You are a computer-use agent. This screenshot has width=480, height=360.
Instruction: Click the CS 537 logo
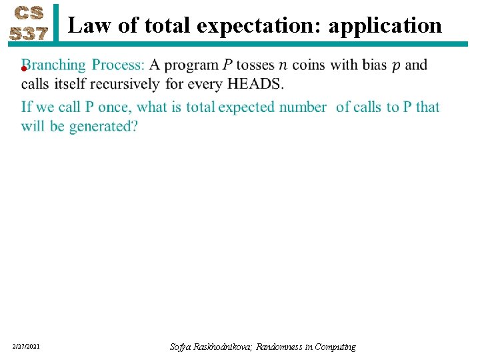29,24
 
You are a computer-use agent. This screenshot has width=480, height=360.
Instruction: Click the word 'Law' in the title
85,25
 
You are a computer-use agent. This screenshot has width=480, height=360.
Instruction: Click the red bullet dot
23,68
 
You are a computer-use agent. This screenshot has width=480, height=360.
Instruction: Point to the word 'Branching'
53,65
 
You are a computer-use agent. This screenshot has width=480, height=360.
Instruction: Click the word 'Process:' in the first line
118,65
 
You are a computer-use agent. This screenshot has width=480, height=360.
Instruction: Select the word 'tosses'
255,65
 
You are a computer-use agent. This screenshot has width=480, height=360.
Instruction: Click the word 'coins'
310,65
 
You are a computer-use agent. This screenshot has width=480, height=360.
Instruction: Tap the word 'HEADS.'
255,84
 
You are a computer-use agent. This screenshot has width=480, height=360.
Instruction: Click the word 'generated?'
103,126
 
